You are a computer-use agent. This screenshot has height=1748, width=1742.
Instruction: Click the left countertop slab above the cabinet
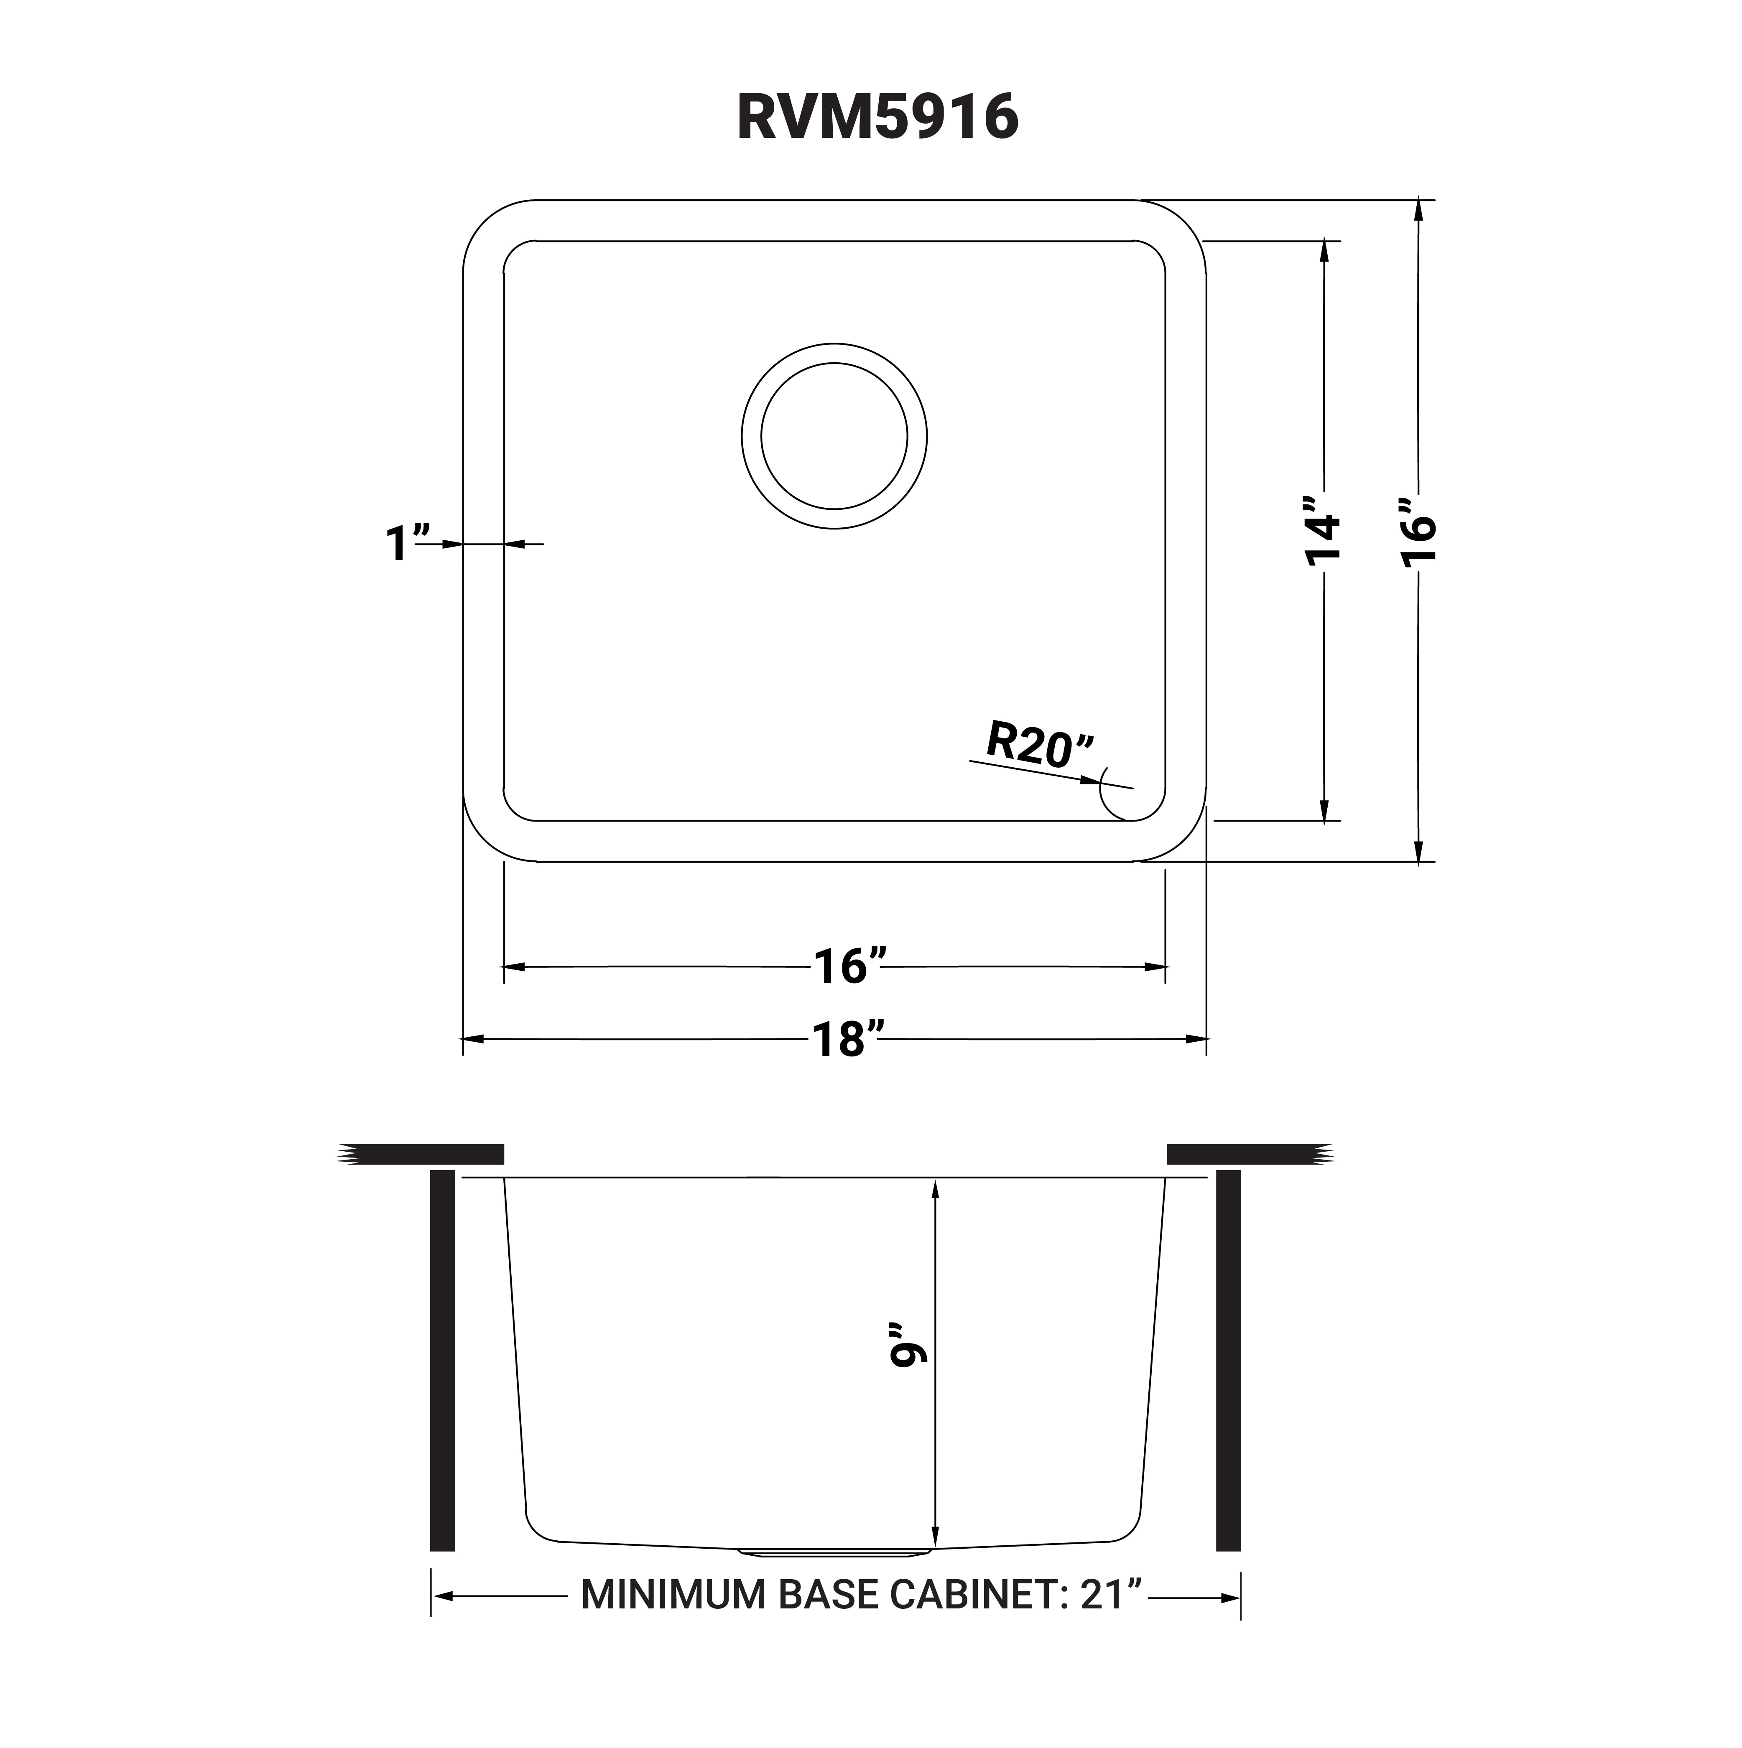(421, 1154)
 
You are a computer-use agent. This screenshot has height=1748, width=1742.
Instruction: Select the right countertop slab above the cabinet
(1249, 1154)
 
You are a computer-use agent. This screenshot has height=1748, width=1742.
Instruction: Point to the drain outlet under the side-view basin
(834, 1552)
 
